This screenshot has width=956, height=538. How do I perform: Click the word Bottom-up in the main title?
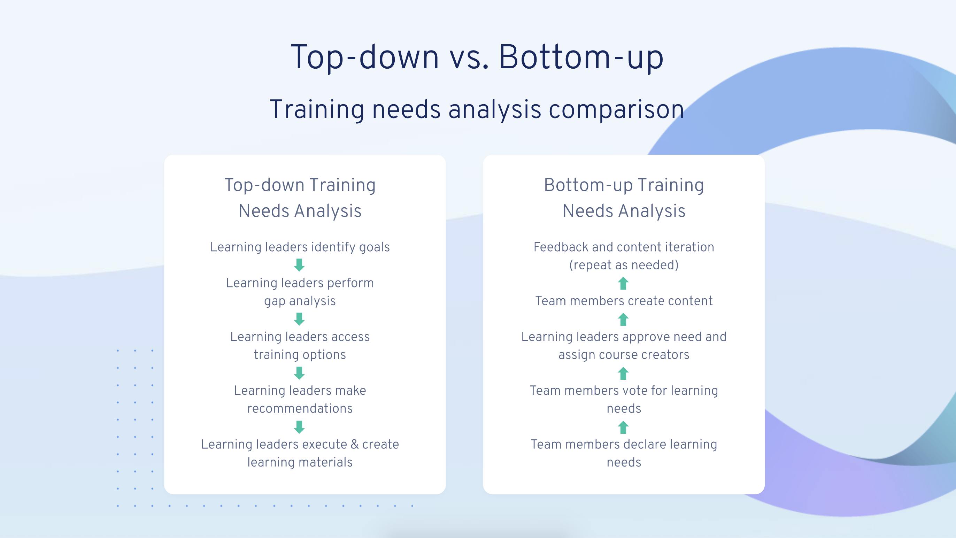580,57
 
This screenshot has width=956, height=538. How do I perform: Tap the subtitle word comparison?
616,110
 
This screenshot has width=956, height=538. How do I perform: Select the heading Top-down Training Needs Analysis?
300,198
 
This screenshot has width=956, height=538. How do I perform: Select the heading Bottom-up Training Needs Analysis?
624,198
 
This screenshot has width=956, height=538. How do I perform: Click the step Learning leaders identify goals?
300,247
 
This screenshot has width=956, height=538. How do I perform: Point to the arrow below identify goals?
299,265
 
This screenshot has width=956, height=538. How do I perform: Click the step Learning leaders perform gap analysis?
300,292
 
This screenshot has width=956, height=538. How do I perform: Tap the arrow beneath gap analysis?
299,319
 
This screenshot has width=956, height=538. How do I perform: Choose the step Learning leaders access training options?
300,346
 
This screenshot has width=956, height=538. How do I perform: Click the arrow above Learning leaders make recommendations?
299,373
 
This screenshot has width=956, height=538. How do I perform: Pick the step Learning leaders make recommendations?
300,400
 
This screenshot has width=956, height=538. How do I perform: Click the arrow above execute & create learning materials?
299,426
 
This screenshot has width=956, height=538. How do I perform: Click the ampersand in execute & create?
354,444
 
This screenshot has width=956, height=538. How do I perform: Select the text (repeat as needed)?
624,265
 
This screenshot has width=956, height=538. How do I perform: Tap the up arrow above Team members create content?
623,283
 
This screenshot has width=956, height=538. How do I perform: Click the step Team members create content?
624,301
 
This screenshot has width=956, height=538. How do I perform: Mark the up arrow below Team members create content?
623,319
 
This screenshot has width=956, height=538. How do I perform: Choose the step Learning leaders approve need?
624,337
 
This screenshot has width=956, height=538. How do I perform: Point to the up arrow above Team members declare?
623,427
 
